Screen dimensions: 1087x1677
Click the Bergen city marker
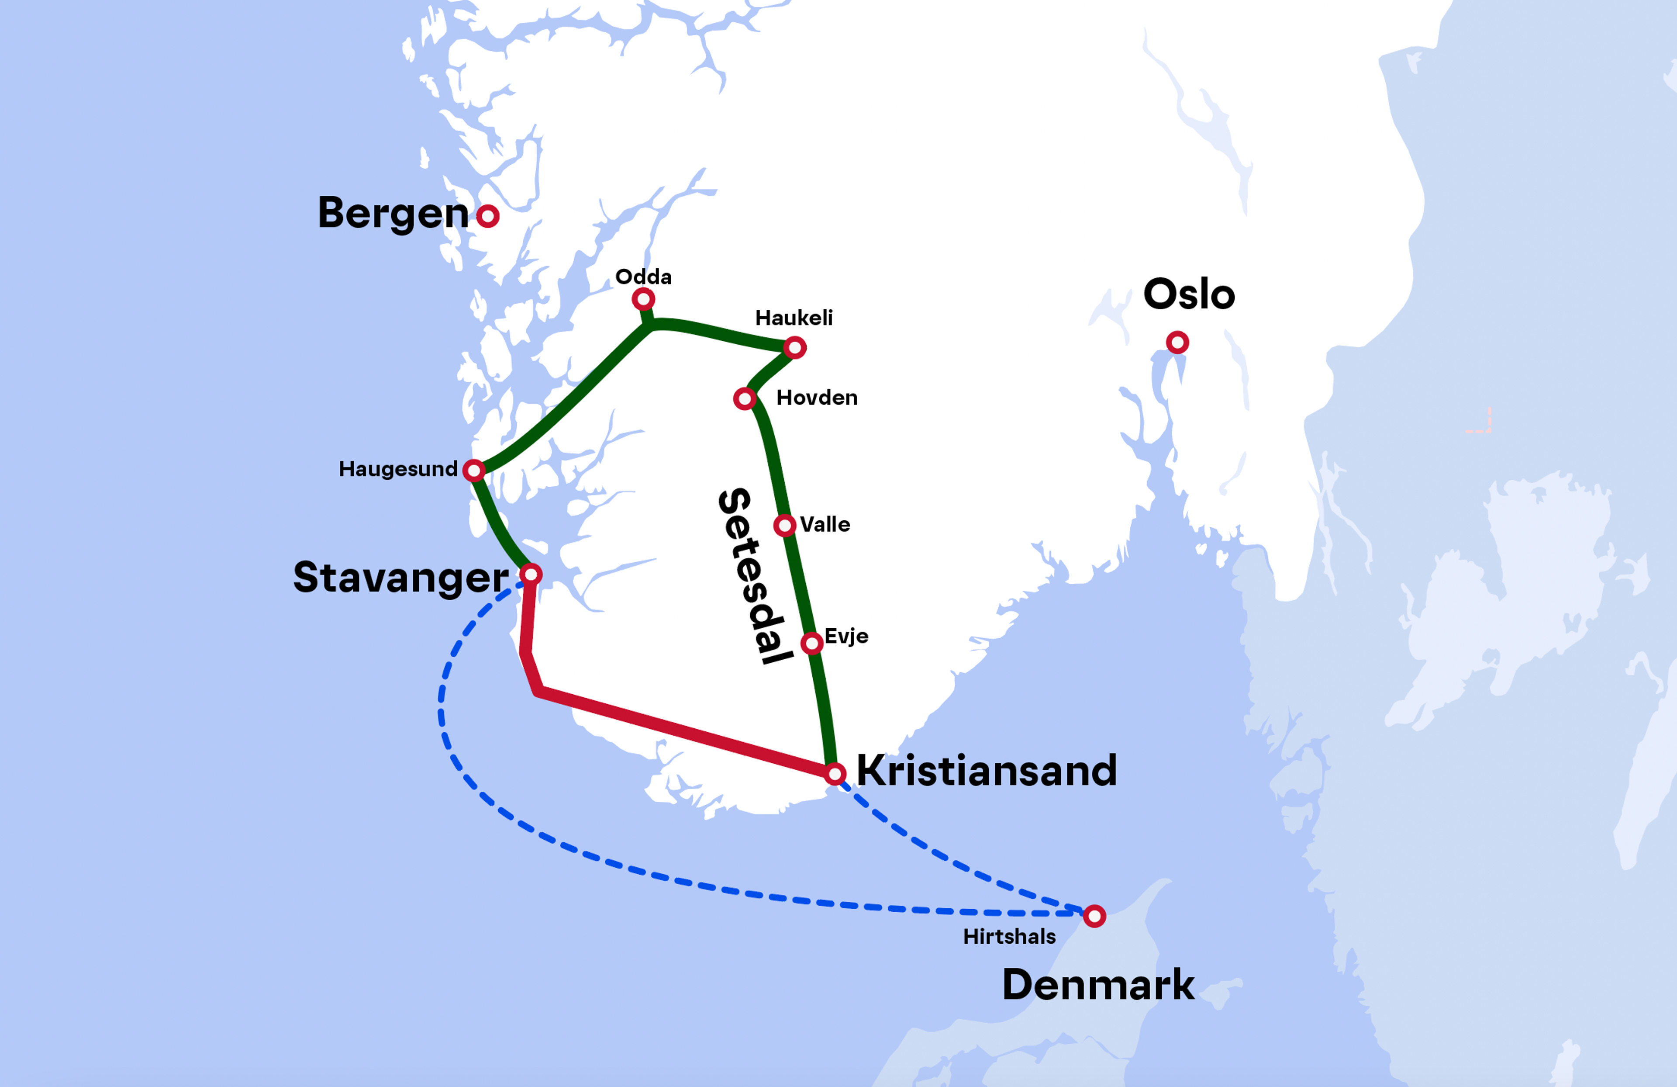[488, 216]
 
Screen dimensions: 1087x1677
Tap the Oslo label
[1189, 294]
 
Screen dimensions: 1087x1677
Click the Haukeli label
[794, 318]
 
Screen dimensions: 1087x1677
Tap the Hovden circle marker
[744, 399]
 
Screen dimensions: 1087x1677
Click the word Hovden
[817, 398]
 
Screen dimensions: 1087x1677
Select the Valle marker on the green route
[784, 525]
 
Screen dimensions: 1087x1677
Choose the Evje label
[846, 636]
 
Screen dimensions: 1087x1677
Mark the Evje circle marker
[812, 643]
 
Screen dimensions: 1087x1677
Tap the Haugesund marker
[473, 470]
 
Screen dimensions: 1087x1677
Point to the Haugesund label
[398, 469]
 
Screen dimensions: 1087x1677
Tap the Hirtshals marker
[1094, 916]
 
